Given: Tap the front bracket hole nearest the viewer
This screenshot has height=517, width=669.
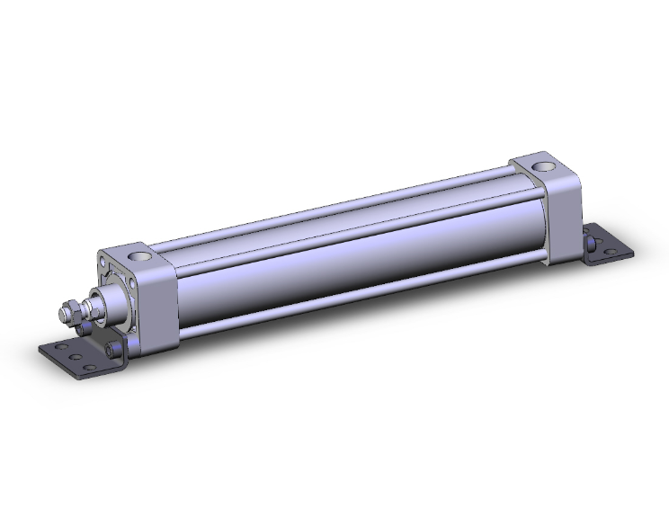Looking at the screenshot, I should pos(91,369).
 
